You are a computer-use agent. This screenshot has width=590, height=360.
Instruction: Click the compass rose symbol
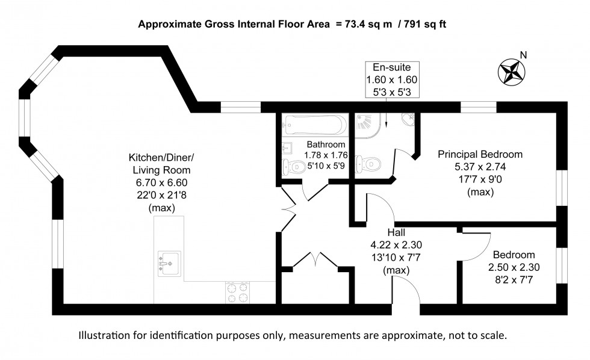coord(510,72)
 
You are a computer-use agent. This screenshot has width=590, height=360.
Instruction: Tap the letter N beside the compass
coord(524,55)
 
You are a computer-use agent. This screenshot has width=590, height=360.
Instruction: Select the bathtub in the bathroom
coord(315,125)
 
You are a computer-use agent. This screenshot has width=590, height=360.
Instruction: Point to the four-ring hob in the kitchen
coord(237,293)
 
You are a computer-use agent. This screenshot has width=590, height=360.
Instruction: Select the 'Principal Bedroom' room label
coord(480,154)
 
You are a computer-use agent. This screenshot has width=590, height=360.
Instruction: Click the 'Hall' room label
coord(396,232)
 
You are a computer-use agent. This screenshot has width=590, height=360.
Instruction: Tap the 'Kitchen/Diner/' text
coord(160,158)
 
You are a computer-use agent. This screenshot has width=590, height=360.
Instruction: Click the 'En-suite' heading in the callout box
coord(392,67)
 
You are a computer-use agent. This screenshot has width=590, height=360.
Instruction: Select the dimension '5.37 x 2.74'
coord(480,167)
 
